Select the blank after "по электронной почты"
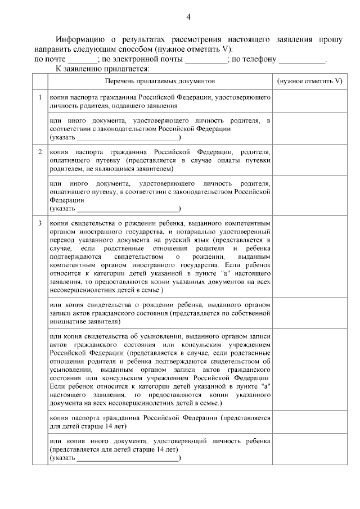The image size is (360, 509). pyautogui.click(x=206, y=60)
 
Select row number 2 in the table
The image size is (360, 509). pyautogui.click(x=40, y=152)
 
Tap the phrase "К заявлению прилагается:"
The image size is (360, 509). pyautogui.click(x=102, y=69)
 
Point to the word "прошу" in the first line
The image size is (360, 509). pyautogui.click(x=330, y=40)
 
